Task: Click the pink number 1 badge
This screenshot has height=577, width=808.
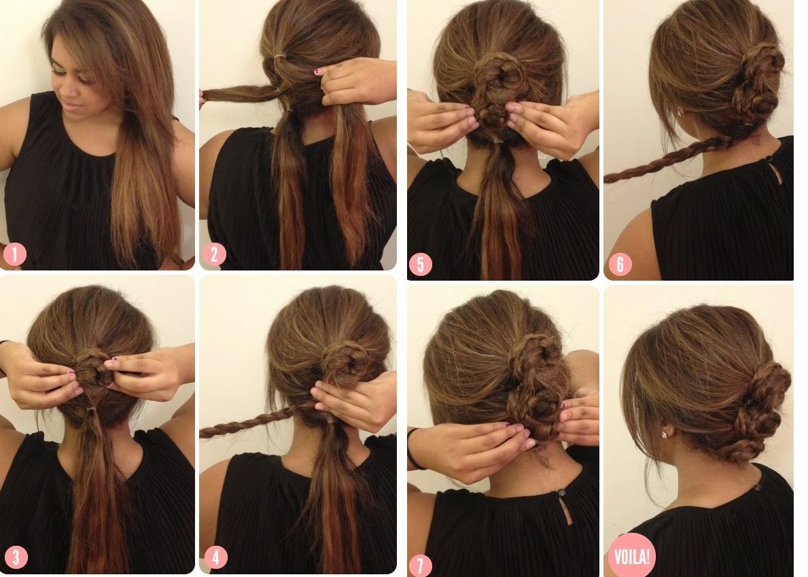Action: tap(14, 254)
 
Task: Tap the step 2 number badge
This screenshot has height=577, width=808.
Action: tap(214, 254)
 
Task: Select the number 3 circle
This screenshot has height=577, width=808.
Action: tap(16, 557)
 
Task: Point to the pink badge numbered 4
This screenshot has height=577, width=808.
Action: tap(215, 557)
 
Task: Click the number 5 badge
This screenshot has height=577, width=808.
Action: tap(421, 264)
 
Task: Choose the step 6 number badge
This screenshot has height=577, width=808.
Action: tap(620, 264)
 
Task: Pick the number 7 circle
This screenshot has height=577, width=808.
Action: tap(420, 565)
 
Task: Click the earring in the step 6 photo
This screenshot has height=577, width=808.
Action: tap(681, 111)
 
